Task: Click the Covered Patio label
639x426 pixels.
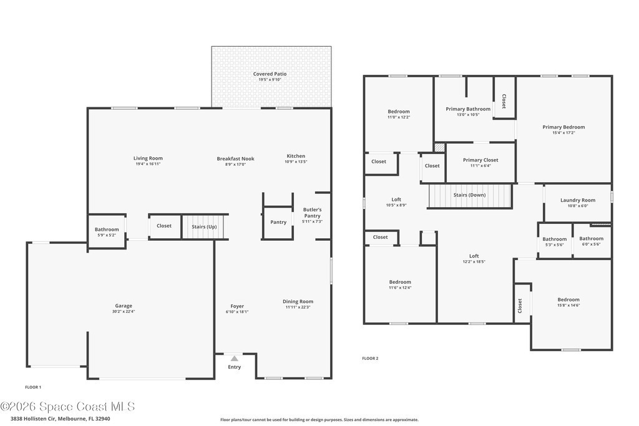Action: (270, 74)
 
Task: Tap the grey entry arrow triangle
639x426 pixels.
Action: (235, 359)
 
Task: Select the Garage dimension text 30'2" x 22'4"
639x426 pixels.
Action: (124, 312)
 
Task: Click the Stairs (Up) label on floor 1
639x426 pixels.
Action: (204, 227)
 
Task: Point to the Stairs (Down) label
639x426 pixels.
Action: (469, 195)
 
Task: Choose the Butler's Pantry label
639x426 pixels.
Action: (312, 213)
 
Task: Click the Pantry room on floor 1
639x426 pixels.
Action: (278, 222)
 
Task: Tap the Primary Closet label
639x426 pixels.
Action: (480, 160)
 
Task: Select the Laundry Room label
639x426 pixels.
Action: (577, 200)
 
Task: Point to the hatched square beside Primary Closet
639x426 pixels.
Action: (439, 147)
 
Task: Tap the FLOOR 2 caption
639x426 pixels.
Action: (370, 359)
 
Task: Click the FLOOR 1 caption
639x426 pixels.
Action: (33, 387)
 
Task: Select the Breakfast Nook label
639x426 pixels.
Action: (235, 159)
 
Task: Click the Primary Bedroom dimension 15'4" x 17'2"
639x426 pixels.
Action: (563, 133)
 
